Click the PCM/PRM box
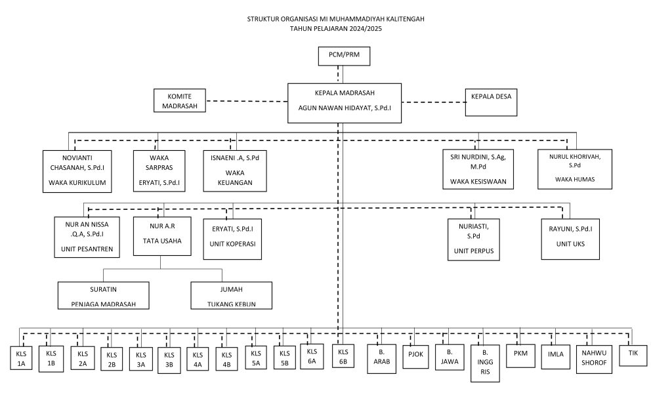(x=344, y=56)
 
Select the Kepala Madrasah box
(x=345, y=103)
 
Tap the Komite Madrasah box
(x=180, y=101)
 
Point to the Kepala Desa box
(x=491, y=102)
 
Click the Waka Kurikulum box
(x=77, y=171)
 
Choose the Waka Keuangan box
(x=235, y=171)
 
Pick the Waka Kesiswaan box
(x=478, y=169)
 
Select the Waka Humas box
(x=575, y=169)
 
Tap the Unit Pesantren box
(x=87, y=237)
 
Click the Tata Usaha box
(x=162, y=236)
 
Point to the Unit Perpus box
(x=474, y=239)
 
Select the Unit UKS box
(x=570, y=239)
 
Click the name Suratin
(x=103, y=289)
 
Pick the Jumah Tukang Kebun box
(x=232, y=295)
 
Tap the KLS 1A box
(x=21, y=358)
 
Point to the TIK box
(x=633, y=356)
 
